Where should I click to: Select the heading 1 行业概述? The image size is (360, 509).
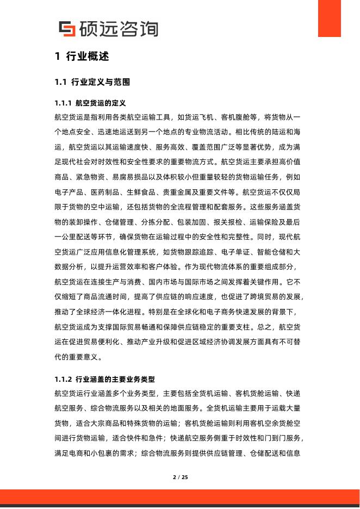point(82,57)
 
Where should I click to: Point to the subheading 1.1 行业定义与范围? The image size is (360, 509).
point(92,83)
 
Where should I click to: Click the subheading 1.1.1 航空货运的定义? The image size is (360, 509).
point(90,103)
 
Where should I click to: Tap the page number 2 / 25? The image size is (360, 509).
point(180,477)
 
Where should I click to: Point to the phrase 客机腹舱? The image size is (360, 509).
point(233,117)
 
